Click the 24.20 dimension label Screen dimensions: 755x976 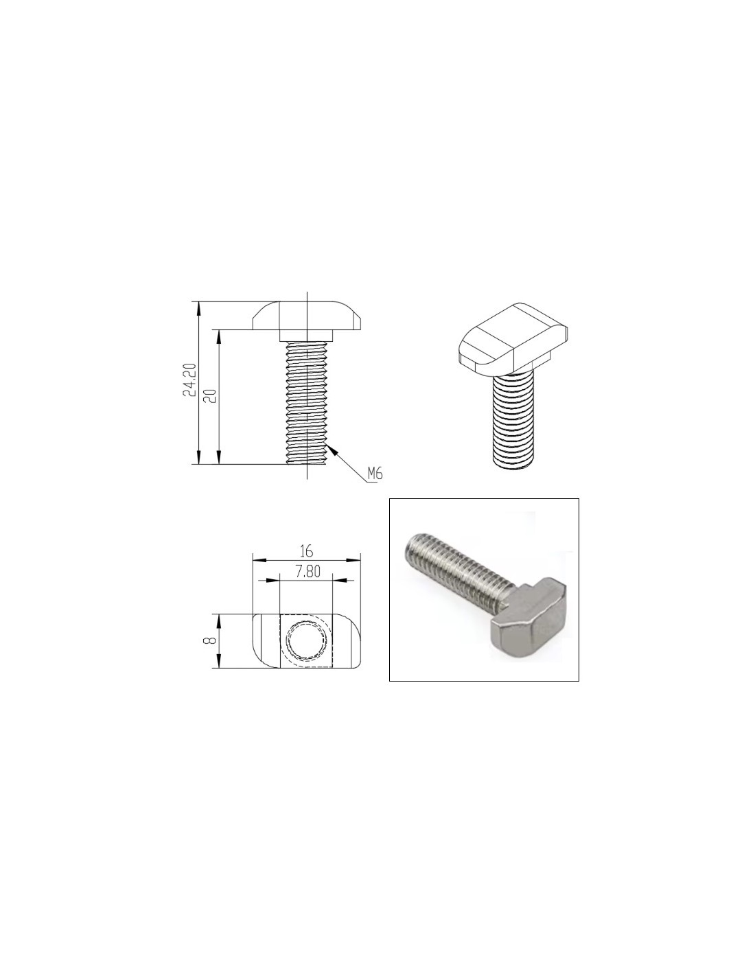[190, 379]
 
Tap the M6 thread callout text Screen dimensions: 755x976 [375, 473]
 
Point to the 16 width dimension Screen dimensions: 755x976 [306, 550]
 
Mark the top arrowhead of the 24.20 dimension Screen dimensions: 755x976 [198, 307]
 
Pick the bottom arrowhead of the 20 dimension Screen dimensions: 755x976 [219, 458]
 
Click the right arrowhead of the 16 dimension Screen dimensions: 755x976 [354, 560]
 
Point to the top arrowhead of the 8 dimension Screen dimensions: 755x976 [219, 620]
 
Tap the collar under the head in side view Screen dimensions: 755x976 [306, 336]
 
